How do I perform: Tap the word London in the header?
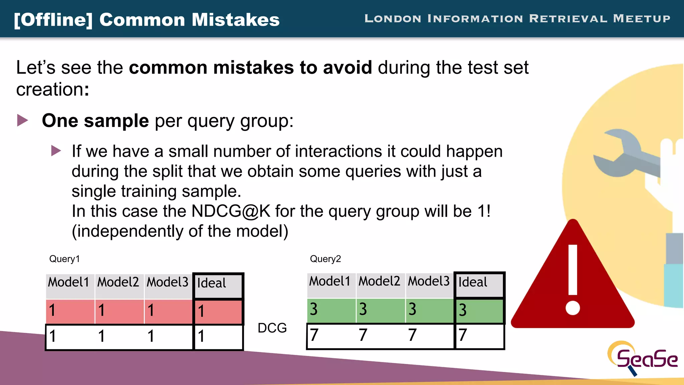pos(393,18)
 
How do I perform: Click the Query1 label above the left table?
pos(64,259)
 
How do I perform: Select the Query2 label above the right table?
pos(325,259)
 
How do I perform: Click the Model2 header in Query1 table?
pos(118,283)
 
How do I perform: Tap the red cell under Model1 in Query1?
pos(70,311)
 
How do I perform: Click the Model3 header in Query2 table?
pos(429,282)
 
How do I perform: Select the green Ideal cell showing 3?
pos(479,310)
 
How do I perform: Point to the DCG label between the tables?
pos(272,328)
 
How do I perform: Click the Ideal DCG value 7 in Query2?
pos(463,335)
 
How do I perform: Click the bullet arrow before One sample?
pos(23,120)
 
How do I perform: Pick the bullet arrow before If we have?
pos(56,151)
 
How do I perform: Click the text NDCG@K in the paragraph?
pos(231,212)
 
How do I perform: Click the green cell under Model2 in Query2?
pos(380,309)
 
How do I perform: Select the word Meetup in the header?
pos(642,18)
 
